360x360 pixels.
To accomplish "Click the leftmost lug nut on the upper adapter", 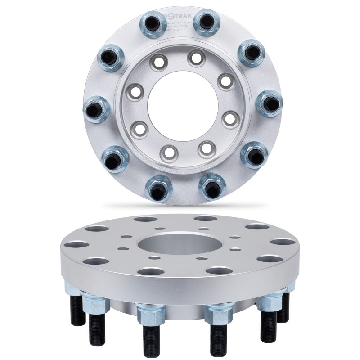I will pyautogui.click(x=96, y=109).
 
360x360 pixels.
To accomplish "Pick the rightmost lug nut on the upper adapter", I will pyautogui.click(x=269, y=103).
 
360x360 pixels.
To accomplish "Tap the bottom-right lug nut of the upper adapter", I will pyautogui.click(x=212, y=187).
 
